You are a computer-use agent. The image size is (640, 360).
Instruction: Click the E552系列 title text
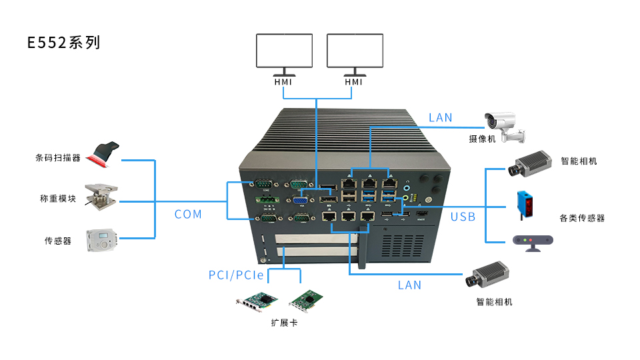point(63,43)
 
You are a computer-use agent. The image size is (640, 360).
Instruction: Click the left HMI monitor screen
point(285,51)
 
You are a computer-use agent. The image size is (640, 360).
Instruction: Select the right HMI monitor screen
point(355,51)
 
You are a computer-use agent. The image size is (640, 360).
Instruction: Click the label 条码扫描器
point(57,159)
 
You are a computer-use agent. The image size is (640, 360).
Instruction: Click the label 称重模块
point(57,199)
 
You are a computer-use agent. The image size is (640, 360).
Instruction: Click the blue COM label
point(188,214)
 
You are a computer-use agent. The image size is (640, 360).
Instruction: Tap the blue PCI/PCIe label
point(236,275)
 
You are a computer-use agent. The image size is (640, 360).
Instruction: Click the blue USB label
point(463,217)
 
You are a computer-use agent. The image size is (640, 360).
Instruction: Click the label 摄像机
point(481,139)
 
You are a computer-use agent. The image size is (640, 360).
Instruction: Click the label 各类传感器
point(582,218)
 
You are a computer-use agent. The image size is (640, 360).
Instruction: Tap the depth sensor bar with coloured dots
point(532,241)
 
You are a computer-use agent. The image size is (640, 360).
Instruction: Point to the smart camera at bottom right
point(490,275)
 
